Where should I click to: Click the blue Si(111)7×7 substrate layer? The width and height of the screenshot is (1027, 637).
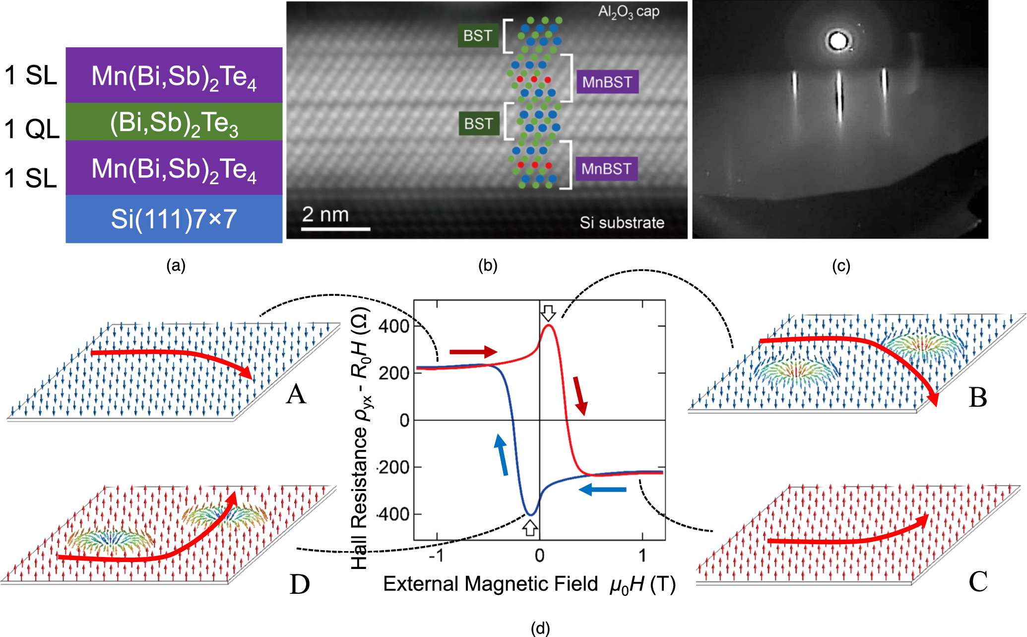174,219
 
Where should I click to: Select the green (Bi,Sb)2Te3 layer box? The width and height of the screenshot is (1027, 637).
174,122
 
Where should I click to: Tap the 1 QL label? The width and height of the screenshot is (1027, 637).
31,129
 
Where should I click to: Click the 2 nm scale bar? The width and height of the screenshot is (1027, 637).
336,229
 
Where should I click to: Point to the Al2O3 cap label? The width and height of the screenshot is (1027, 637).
628,12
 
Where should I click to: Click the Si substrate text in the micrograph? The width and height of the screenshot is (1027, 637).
622,222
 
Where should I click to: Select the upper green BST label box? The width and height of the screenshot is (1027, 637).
478,36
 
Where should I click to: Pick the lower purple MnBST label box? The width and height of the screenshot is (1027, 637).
606,169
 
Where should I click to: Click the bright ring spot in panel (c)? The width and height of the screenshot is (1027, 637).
838,41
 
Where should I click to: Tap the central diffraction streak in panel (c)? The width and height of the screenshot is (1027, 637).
839,97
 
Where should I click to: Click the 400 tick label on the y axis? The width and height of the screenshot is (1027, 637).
393,326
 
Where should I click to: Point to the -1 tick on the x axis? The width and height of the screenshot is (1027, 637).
436,556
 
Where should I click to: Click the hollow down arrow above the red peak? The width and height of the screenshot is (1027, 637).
548,313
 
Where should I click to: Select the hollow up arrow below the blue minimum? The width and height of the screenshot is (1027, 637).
530,528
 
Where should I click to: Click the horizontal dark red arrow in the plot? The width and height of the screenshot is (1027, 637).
473,352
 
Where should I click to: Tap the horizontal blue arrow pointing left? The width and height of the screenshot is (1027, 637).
602,490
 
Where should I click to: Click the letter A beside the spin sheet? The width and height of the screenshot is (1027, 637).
296,395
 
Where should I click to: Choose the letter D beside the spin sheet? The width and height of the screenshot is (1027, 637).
299,584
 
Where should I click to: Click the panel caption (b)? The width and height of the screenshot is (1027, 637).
487,266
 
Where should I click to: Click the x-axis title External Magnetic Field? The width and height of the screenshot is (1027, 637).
490,584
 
